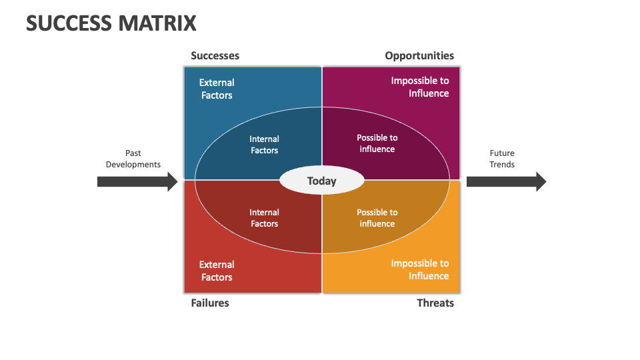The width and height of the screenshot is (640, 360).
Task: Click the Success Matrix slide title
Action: [111, 23]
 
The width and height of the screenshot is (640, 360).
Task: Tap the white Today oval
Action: [322, 181]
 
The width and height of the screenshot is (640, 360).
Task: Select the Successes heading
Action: [215, 56]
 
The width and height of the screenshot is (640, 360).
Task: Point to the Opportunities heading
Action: [419, 56]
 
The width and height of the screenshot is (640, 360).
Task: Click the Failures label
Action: [210, 303]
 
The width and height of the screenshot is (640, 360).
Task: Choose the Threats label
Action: [435, 303]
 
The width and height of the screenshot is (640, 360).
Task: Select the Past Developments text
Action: [133, 159]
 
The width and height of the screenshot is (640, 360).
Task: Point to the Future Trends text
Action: [502, 159]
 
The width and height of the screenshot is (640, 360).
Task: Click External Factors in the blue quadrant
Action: [217, 89]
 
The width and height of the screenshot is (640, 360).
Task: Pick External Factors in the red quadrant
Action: [217, 271]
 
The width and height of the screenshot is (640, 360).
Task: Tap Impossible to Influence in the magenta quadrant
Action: [420, 87]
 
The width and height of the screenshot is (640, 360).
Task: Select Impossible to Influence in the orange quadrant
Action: [420, 269]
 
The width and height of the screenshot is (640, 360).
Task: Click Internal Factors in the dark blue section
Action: [265, 145]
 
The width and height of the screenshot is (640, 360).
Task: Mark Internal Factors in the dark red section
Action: [265, 218]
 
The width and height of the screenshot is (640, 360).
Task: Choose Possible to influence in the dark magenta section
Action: [377, 143]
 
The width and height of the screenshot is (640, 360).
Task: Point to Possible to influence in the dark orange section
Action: [377, 218]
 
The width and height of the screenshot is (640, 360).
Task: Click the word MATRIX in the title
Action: [158, 23]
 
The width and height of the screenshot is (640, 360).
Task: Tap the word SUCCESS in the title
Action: [69, 23]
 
